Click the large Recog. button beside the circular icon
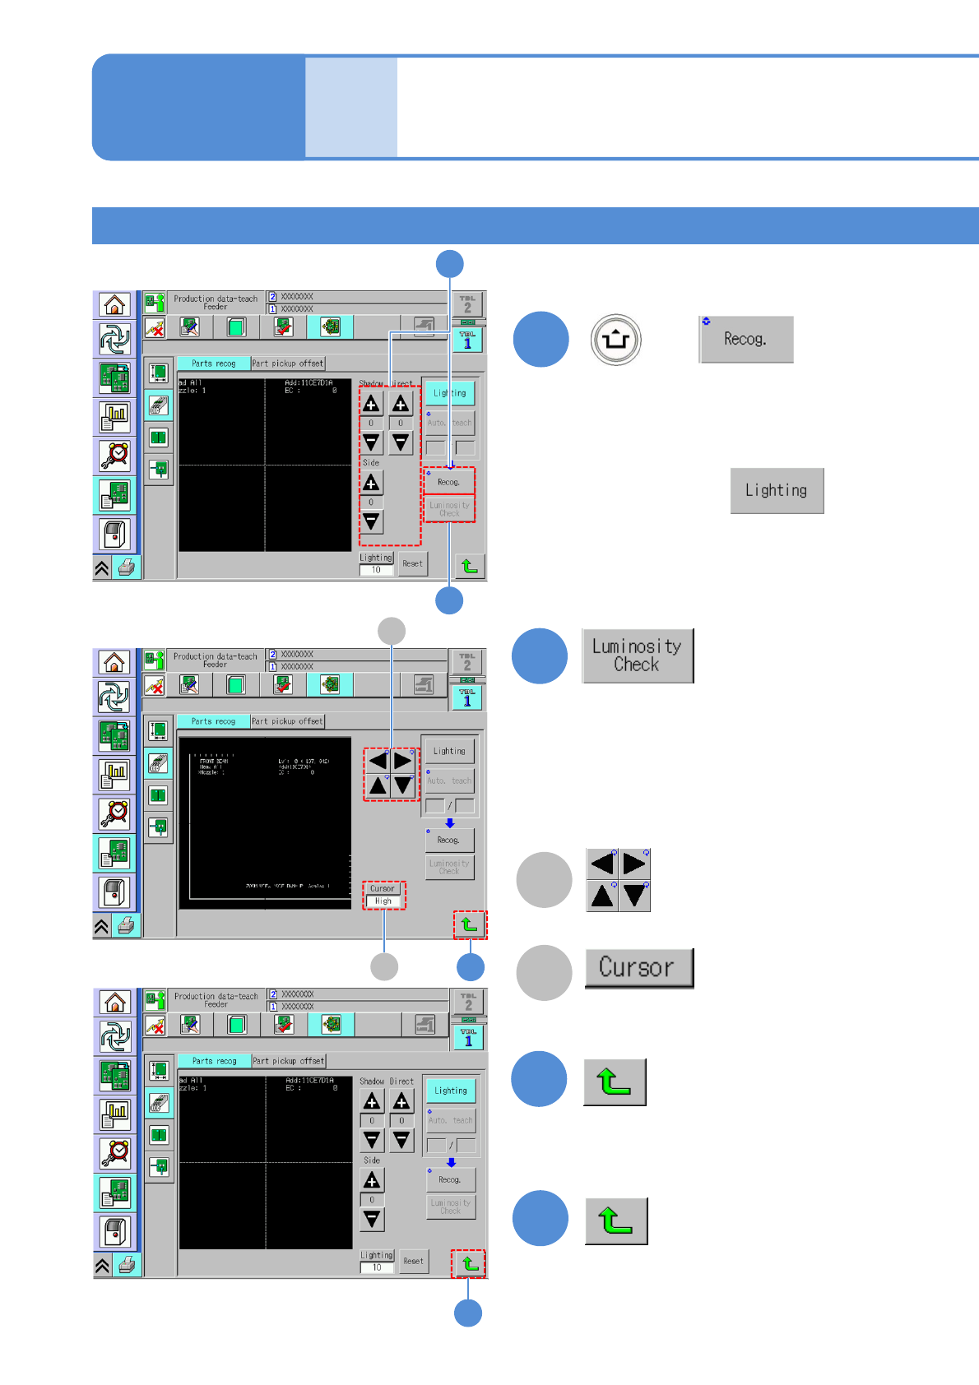point(746,340)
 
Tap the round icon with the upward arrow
point(615,339)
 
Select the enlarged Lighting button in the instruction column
point(777,491)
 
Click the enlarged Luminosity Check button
point(638,656)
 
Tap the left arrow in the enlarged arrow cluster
point(602,864)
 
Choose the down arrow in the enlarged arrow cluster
point(635,896)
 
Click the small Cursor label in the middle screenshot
point(383,888)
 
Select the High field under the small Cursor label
point(383,901)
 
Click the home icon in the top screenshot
point(114,305)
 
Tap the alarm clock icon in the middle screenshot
point(114,813)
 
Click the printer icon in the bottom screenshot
point(127,1265)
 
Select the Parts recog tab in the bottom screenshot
point(214,1061)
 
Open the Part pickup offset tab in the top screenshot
point(288,364)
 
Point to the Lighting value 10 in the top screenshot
point(376,570)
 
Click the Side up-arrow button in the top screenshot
point(371,483)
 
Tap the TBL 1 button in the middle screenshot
point(467,697)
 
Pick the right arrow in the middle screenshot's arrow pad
point(402,761)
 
